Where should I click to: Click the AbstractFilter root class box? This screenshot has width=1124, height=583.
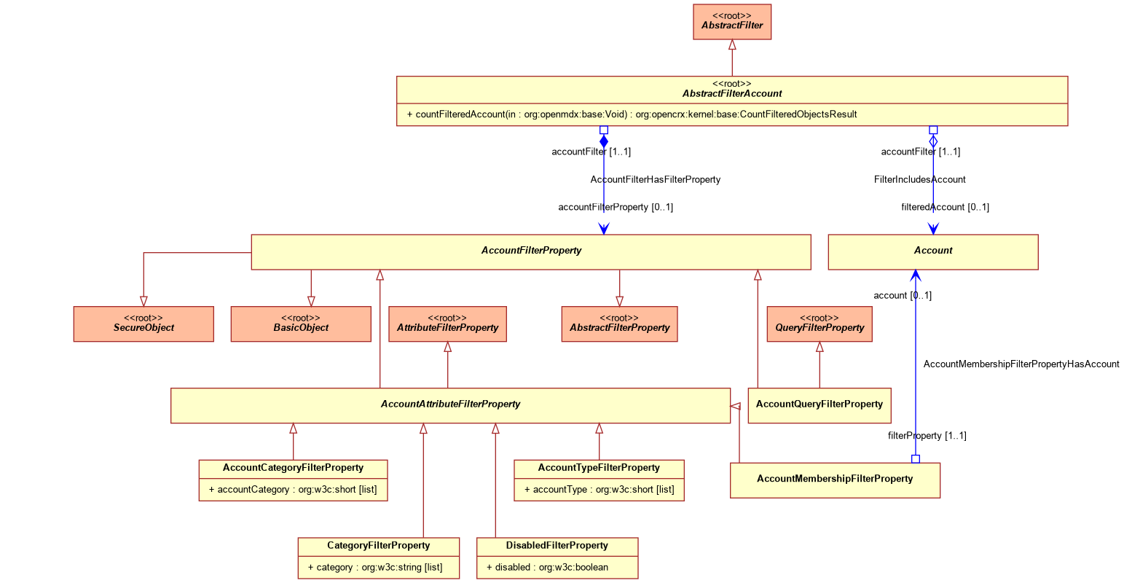(x=731, y=22)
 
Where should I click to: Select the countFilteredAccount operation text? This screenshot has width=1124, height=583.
(x=632, y=114)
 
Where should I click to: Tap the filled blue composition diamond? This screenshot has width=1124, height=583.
(x=604, y=141)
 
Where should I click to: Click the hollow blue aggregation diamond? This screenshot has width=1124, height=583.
(x=933, y=141)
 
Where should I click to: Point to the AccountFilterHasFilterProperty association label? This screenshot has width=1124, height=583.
(x=655, y=180)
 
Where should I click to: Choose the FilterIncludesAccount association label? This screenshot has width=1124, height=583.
(x=919, y=180)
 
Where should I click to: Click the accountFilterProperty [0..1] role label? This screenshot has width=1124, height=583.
(x=616, y=207)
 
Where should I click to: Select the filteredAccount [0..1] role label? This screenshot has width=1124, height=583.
(x=945, y=207)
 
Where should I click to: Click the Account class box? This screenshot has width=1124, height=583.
(x=933, y=252)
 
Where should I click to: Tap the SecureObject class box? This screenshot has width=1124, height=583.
(x=144, y=324)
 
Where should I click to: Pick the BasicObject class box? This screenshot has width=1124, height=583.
(x=301, y=324)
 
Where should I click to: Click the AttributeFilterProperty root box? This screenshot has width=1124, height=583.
(x=447, y=324)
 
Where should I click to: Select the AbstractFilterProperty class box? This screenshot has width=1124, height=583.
(x=619, y=324)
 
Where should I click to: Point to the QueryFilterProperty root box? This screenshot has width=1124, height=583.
(x=820, y=324)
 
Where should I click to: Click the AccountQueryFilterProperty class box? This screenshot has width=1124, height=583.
(x=820, y=405)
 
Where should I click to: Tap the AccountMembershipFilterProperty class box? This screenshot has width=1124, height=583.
(x=835, y=480)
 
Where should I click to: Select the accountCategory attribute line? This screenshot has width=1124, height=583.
(x=293, y=490)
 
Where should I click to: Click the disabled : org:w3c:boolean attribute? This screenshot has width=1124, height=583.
(x=547, y=568)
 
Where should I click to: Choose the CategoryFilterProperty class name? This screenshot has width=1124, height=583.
(x=378, y=545)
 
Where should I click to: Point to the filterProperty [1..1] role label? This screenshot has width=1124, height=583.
(x=927, y=435)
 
